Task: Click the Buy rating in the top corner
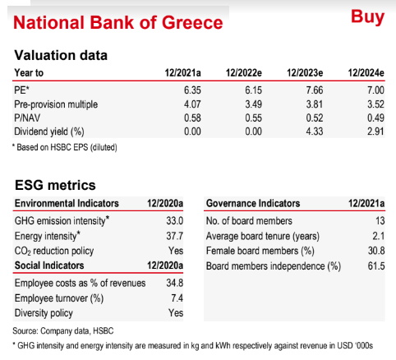[367, 17]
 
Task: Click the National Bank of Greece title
[118, 22]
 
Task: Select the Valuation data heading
[61, 55]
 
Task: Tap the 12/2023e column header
[305, 73]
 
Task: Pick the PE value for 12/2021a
[192, 90]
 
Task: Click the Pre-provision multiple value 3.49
[253, 104]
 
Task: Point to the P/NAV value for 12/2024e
[375, 118]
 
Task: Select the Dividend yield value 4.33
[315, 132]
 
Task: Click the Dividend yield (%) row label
[49, 132]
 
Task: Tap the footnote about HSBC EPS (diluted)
[65, 147]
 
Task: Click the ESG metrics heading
[55, 185]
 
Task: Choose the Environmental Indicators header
[67, 203]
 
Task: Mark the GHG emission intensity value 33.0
[174, 220]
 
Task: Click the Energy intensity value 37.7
[174, 236]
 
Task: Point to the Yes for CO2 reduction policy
[176, 251]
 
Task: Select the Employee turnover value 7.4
[177, 298]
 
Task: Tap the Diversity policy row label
[44, 313]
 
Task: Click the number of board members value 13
[380, 220]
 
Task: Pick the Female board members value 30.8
[376, 251]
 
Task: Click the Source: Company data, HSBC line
[63, 331]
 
